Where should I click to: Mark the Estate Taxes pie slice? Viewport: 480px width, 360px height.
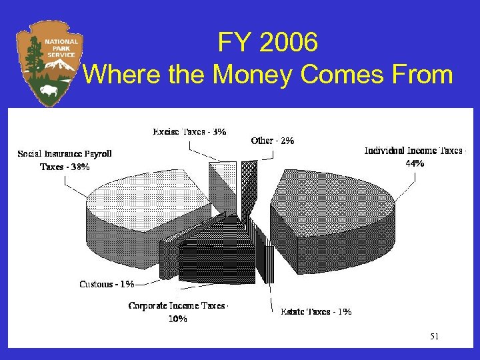(x=267, y=257)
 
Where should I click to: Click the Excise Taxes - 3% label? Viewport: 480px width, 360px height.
(x=189, y=131)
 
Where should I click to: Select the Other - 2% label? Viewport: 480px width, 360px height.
(x=273, y=141)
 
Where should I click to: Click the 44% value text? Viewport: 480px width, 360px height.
(x=415, y=163)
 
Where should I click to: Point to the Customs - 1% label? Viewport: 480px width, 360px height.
(x=107, y=285)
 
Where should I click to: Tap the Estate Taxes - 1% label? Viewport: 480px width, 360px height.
(x=316, y=311)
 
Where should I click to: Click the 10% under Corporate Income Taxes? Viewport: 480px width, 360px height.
(x=178, y=319)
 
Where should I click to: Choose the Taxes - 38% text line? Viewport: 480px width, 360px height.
(x=65, y=167)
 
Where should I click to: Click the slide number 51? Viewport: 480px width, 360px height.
(x=434, y=337)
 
